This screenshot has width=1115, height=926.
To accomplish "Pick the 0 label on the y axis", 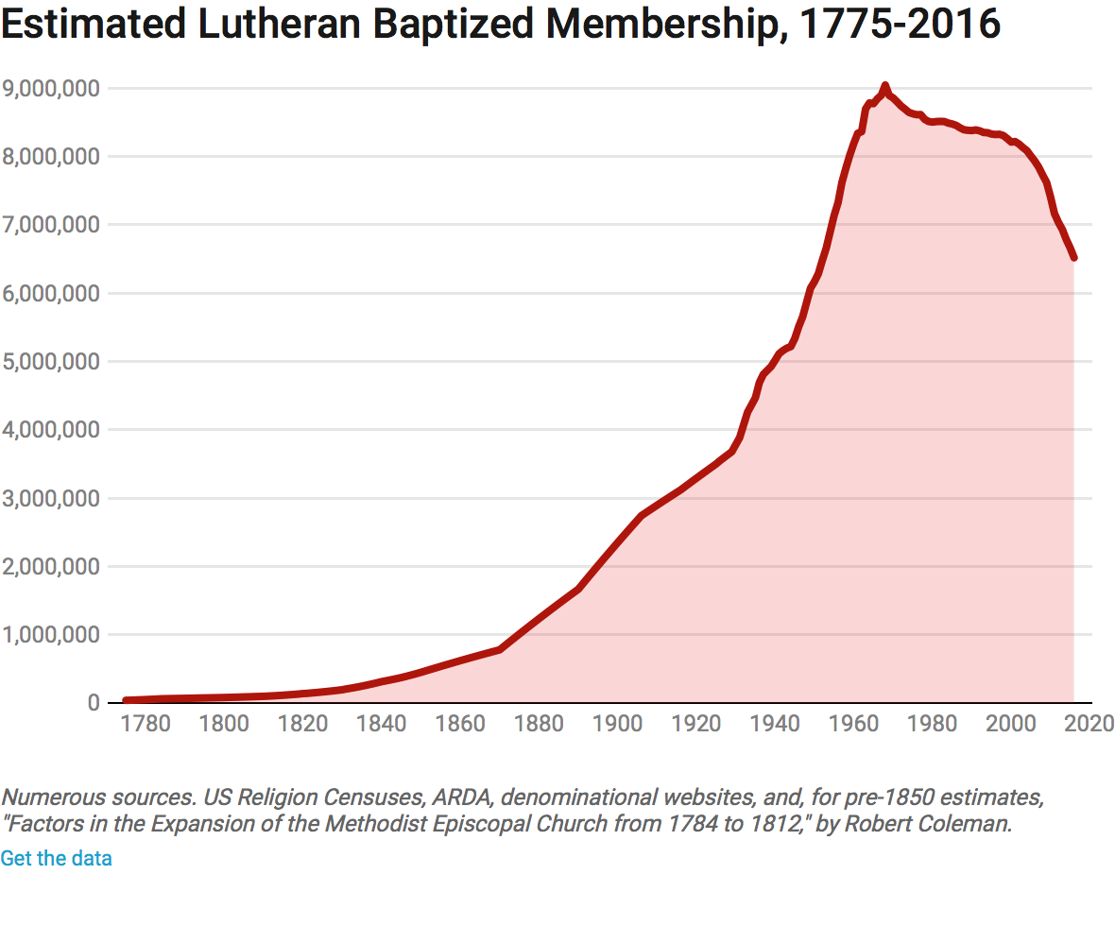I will point(93,703).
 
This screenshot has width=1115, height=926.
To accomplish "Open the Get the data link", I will point(56,858).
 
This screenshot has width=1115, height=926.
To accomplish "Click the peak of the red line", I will point(884,86).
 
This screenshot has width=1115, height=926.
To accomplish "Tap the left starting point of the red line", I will point(126,700).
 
